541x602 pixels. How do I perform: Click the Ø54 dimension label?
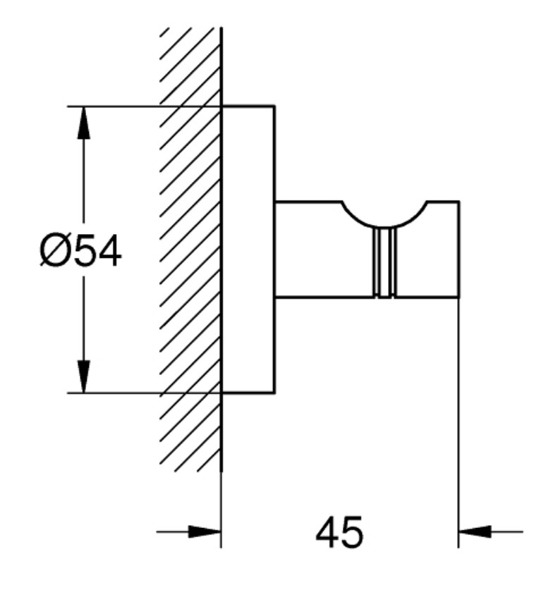point(80,252)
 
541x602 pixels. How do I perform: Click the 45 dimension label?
point(339,532)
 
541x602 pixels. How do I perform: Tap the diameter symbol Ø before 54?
point(54,252)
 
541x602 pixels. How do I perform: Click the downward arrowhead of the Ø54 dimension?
point(84,376)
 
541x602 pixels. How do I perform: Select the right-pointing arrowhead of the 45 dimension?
point(205,532)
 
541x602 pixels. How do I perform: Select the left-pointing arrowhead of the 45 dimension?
point(475,532)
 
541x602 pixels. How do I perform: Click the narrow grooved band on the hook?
point(384,263)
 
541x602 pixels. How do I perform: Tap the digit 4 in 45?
point(327,532)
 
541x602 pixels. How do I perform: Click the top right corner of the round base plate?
point(274,105)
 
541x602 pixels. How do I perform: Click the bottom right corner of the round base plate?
point(274,393)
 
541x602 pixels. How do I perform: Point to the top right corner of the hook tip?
point(458,201)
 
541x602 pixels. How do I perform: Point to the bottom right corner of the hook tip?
point(458,297)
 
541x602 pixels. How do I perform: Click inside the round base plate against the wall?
point(248,249)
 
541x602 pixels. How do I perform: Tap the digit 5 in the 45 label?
point(351,532)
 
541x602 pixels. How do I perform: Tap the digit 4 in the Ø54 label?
point(109,252)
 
